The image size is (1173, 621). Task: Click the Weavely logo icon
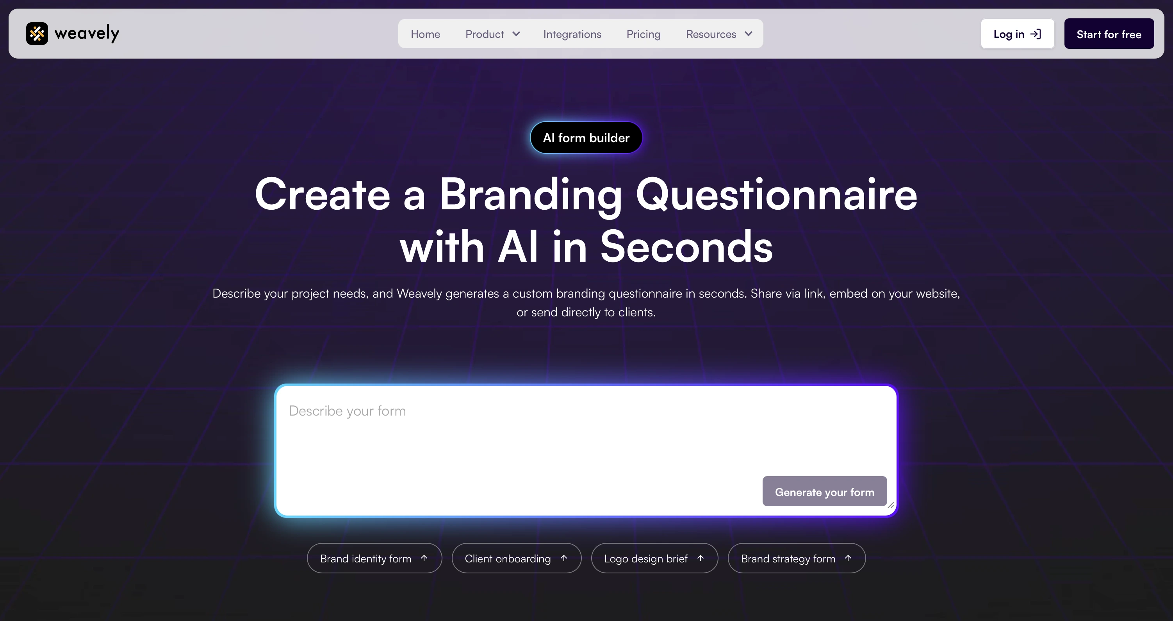tap(37, 34)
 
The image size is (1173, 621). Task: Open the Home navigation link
tap(425, 34)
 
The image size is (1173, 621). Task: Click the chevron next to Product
tap(516, 34)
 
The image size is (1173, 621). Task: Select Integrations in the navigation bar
tap(572, 34)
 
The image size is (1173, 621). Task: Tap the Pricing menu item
tap(643, 34)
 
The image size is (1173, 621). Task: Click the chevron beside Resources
tap(748, 34)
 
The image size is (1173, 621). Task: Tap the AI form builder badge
tap(586, 137)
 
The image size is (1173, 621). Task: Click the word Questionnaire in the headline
tap(776, 195)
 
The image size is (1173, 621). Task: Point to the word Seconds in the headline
tap(686, 247)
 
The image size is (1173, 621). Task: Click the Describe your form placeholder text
tap(348, 411)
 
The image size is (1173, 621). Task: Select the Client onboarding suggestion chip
tap(516, 558)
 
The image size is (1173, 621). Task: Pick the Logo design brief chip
tap(654, 558)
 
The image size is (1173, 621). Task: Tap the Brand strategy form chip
tap(796, 558)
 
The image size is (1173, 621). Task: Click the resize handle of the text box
tap(891, 505)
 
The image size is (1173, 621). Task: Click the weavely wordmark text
tap(87, 34)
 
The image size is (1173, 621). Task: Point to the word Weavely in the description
tap(419, 293)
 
